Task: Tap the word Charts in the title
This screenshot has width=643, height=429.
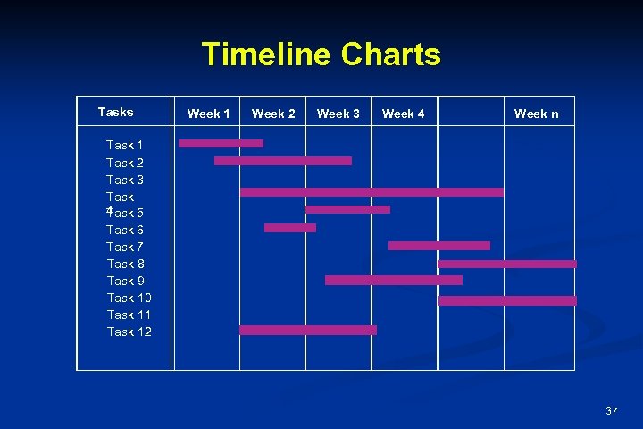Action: (x=390, y=55)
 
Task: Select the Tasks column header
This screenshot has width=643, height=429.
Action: (x=115, y=113)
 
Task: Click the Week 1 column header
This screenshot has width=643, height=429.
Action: (x=208, y=114)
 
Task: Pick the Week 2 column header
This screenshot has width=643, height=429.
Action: (x=273, y=114)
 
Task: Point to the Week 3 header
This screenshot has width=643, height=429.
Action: (x=338, y=114)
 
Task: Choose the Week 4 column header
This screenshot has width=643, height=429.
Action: (x=403, y=114)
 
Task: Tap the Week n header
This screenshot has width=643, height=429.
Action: (x=536, y=114)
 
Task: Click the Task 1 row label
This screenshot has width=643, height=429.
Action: (x=124, y=145)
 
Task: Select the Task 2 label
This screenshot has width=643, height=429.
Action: (x=124, y=163)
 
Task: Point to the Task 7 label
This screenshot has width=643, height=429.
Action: (x=124, y=247)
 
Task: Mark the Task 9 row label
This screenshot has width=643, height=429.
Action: (x=124, y=281)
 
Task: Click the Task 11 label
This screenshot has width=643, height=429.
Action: (x=129, y=315)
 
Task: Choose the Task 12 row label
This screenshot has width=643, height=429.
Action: (x=129, y=332)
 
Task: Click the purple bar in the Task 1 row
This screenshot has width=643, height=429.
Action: (x=221, y=143)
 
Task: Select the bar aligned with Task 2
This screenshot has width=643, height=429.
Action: (x=282, y=161)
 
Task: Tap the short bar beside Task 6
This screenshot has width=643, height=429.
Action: (x=290, y=228)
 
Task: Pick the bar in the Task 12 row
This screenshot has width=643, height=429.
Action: (x=308, y=330)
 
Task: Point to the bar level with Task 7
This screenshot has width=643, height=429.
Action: (x=439, y=245)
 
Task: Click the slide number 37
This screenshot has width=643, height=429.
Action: (x=611, y=411)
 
